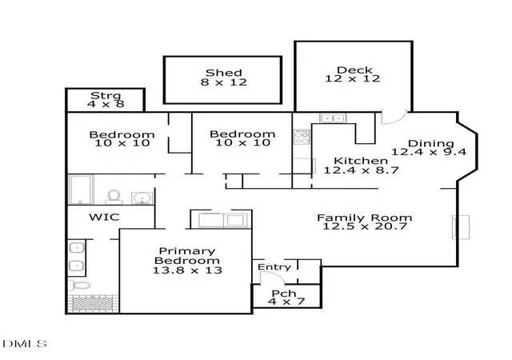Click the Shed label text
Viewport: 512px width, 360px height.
(224, 73)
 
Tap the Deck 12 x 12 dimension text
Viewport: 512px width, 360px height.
(353, 78)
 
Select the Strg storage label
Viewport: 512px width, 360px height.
(106, 96)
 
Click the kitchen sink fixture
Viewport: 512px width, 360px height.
(333, 118)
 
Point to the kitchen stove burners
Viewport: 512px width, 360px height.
(302, 137)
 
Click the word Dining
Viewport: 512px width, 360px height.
(431, 143)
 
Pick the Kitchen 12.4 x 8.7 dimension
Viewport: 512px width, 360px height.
(361, 170)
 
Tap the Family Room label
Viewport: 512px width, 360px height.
(365, 218)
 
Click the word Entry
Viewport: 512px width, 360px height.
(274, 267)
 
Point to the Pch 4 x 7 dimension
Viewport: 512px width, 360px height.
(286, 301)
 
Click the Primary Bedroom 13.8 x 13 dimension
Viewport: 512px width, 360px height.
(187, 270)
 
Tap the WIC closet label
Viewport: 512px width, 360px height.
(104, 217)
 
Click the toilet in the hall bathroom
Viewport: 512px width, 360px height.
(114, 197)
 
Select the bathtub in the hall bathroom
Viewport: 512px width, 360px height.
(82, 190)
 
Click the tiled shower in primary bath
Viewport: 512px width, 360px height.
(93, 304)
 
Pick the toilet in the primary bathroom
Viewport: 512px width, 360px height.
(80, 285)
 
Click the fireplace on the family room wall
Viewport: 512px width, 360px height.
(461, 227)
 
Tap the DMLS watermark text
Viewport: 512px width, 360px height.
(25, 344)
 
